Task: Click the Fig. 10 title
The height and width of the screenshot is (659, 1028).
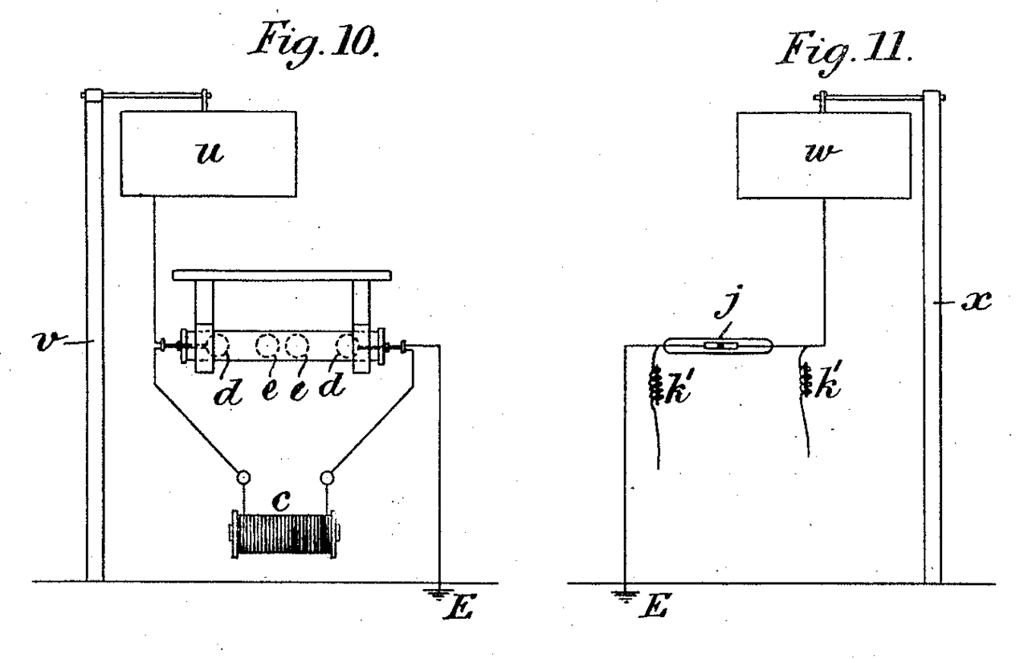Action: [314, 44]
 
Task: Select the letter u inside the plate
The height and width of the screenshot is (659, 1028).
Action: [210, 152]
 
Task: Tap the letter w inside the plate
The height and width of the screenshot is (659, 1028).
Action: [823, 152]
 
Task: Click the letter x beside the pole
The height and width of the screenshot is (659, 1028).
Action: [977, 301]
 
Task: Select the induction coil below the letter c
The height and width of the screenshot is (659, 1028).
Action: [284, 533]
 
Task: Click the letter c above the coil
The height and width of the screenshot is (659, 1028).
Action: [281, 501]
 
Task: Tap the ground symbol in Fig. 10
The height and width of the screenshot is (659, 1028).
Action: [439, 594]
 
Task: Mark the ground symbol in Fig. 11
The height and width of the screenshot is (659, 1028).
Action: [625, 596]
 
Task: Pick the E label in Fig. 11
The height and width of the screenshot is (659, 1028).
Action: [654, 606]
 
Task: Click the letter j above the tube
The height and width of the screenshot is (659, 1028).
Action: [728, 301]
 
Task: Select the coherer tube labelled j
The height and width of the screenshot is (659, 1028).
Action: [719, 346]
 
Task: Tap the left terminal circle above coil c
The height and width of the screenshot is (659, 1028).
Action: [243, 477]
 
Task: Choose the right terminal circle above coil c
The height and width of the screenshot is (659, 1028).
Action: [327, 478]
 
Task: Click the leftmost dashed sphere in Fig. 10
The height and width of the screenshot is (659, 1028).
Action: [217, 346]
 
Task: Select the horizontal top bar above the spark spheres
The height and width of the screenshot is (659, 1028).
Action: [282, 275]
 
